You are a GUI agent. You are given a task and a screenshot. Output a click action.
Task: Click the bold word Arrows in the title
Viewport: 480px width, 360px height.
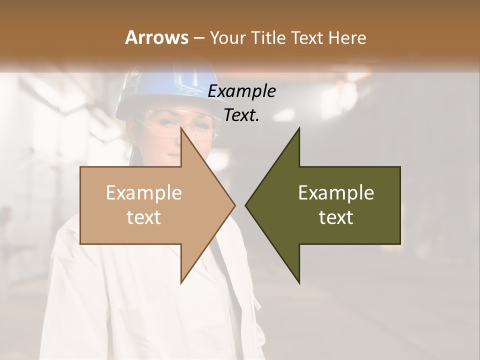click(x=156, y=37)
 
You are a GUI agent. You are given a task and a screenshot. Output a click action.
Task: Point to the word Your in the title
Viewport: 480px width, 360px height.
click(x=227, y=38)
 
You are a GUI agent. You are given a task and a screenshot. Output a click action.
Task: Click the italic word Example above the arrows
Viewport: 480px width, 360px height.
click(x=241, y=91)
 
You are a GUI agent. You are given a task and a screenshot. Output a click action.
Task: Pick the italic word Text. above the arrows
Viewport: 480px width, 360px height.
click(x=241, y=115)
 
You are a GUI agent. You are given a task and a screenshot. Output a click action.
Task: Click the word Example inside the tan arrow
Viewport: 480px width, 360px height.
click(x=143, y=193)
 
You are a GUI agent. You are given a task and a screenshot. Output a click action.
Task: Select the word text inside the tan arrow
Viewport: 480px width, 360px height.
click(x=143, y=217)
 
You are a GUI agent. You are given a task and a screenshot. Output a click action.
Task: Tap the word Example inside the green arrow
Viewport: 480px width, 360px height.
click(x=336, y=193)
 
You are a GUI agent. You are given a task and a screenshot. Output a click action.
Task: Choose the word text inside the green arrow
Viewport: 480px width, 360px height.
click(x=336, y=217)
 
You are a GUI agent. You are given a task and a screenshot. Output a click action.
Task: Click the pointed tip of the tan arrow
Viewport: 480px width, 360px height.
click(x=234, y=205)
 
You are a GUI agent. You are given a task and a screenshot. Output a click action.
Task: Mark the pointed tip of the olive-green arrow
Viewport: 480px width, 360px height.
click(x=245, y=205)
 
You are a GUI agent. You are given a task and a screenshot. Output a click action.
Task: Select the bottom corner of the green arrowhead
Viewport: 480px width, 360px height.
click(x=299, y=283)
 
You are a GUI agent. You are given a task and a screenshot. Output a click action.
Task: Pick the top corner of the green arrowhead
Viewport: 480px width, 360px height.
click(x=299, y=128)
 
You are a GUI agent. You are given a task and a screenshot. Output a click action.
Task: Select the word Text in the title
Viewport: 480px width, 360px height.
click(x=308, y=37)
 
